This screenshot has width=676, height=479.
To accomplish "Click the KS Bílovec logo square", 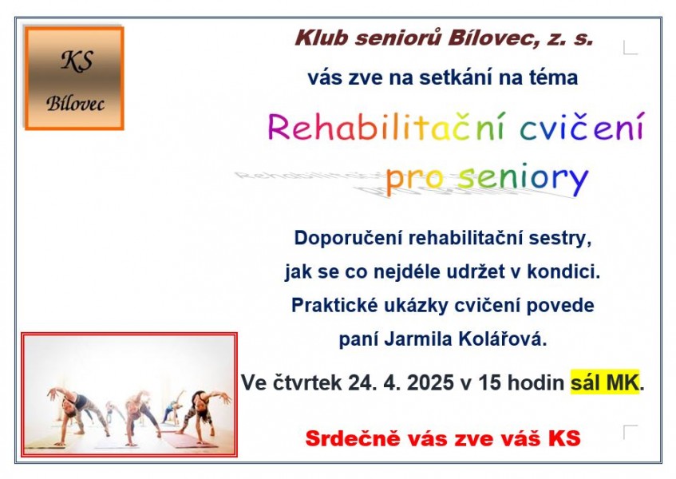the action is [x=74, y=78].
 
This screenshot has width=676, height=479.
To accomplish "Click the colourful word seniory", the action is [x=523, y=178].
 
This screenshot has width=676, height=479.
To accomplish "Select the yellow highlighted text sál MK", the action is [x=605, y=382].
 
